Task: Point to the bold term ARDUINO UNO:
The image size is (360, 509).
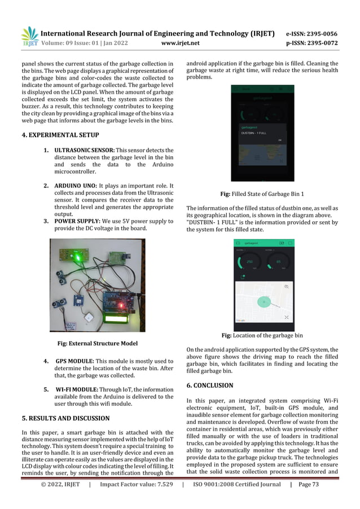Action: [76, 186]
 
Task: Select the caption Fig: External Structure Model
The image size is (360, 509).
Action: [96, 343]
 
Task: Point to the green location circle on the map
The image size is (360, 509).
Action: [263, 302]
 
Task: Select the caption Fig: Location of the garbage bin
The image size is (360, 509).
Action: [262, 335]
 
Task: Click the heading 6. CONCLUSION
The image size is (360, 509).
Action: [209, 385]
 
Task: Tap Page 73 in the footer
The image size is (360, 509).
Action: [319, 500]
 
